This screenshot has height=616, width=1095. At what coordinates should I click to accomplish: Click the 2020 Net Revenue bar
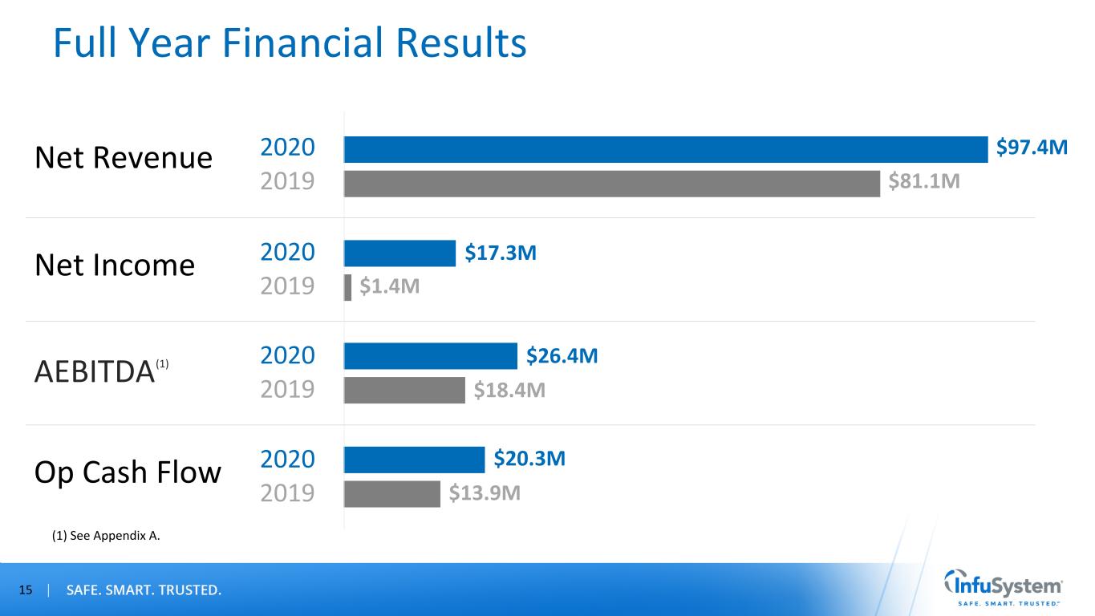click(x=666, y=149)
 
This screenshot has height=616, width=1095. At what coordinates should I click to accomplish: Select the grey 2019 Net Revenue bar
click(x=612, y=184)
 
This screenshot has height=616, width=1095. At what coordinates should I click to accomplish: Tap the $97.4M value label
click(x=1032, y=148)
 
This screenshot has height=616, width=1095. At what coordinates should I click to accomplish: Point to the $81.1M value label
click(x=924, y=184)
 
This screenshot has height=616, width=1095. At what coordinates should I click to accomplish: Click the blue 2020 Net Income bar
click(x=399, y=253)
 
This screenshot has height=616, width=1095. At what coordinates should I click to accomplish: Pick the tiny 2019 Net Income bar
click(x=347, y=287)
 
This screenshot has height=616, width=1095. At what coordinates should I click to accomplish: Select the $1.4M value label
click(x=389, y=287)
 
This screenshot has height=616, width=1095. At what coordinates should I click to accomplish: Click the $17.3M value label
click(x=501, y=253)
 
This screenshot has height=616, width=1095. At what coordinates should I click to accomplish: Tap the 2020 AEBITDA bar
click(x=431, y=356)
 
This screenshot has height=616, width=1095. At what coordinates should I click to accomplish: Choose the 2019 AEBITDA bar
click(x=404, y=391)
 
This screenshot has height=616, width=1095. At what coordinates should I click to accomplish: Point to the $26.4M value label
click(x=562, y=356)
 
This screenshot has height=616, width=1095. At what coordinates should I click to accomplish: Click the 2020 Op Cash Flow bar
click(x=415, y=460)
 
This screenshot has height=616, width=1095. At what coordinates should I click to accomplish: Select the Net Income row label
click(x=115, y=265)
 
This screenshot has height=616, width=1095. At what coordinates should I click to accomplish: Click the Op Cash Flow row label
click(x=128, y=472)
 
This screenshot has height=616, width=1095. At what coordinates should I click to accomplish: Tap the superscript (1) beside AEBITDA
click(x=162, y=364)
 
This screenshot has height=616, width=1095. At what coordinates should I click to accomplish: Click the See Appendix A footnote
click(x=106, y=537)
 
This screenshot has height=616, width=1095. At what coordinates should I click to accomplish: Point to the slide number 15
click(x=26, y=591)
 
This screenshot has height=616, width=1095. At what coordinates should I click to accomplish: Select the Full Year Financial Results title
click(x=290, y=44)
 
